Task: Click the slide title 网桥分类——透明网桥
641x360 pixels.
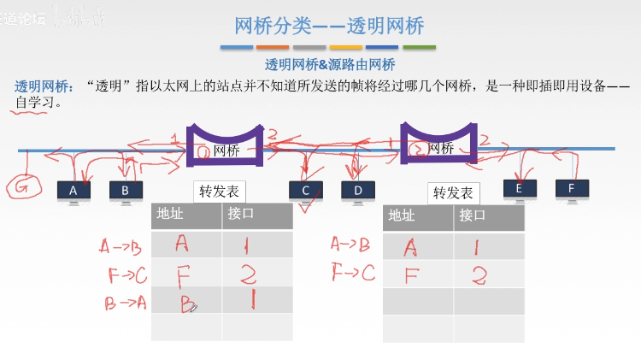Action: click(329, 25)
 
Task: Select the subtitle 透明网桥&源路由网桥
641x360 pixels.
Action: click(330, 64)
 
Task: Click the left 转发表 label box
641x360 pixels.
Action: click(218, 191)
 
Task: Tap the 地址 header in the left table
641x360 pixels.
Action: click(171, 215)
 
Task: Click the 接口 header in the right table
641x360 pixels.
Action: click(472, 215)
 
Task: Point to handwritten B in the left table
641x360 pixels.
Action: click(188, 303)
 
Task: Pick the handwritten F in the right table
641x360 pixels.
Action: click(411, 274)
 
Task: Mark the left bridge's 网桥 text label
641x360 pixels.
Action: click(226, 150)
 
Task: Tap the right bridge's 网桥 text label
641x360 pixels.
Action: click(440, 149)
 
